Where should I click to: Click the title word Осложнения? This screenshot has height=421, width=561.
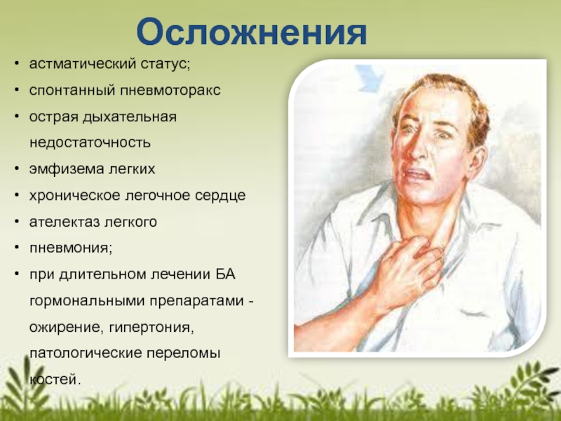[252, 32]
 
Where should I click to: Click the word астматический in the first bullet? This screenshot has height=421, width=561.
[83, 64]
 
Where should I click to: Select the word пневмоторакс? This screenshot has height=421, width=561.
[170, 91]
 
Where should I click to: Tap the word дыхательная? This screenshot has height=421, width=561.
[130, 117]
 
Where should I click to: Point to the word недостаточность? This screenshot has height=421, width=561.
[90, 142]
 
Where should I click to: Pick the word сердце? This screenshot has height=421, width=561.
[220, 196]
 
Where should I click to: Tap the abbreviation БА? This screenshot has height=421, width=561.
[225, 274]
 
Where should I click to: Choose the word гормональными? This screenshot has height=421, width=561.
[87, 301]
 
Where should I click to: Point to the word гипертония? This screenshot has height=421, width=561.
[151, 327]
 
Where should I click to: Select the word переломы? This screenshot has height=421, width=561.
[184, 354]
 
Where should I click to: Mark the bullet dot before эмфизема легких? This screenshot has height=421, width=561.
[17, 168]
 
